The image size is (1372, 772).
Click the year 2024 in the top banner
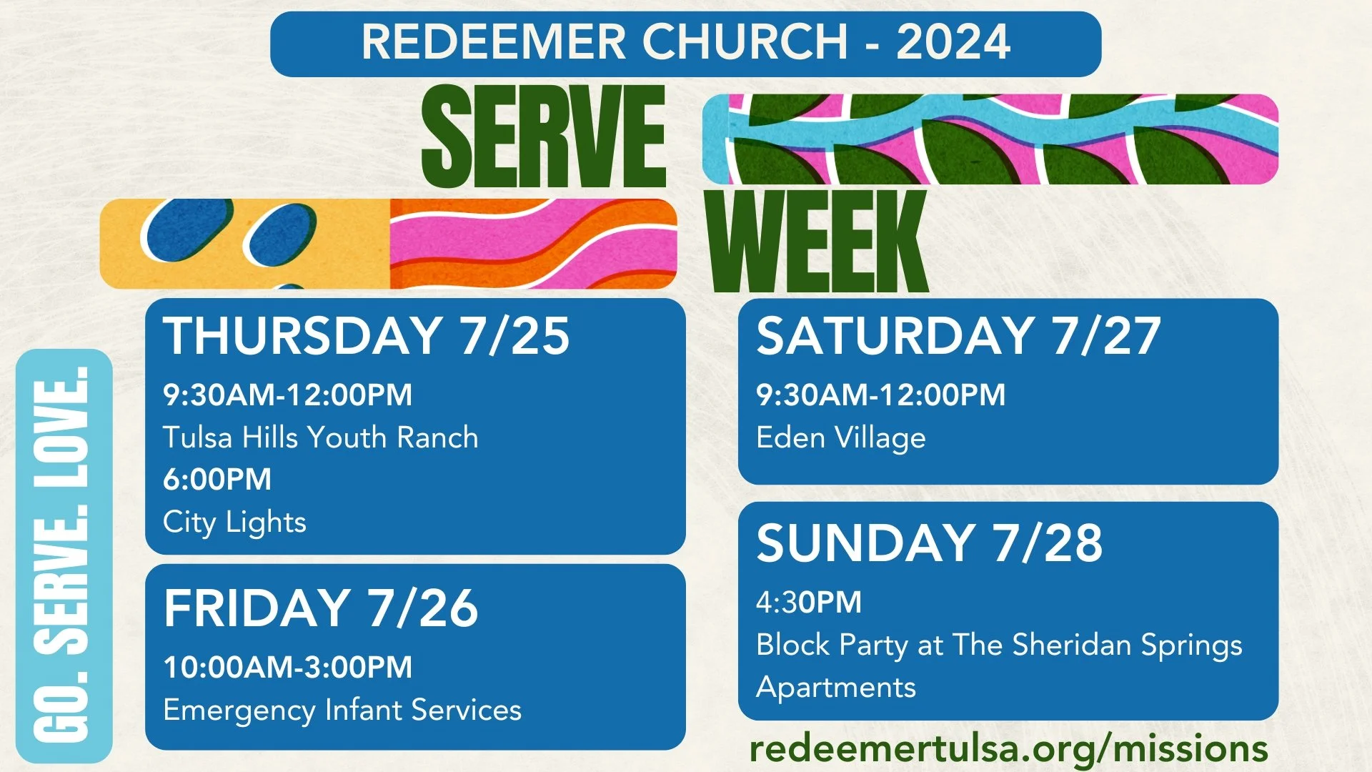click(x=953, y=42)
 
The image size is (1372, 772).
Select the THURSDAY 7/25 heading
click(x=366, y=336)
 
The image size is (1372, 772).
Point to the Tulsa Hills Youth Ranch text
click(x=320, y=437)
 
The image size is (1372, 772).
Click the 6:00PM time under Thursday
click(x=217, y=480)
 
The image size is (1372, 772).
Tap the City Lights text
click(x=234, y=523)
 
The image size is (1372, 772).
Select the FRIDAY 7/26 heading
click(x=320, y=608)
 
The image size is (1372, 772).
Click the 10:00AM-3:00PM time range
click(x=287, y=668)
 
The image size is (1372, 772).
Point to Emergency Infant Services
click(x=342, y=711)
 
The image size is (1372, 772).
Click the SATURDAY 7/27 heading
click(x=958, y=336)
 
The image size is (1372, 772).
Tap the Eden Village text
click(x=840, y=437)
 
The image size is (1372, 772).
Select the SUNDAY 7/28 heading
click(x=929, y=543)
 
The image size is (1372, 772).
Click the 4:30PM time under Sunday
click(x=808, y=603)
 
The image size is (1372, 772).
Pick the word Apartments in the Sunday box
click(x=835, y=688)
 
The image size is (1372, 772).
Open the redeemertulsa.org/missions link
click(x=1008, y=749)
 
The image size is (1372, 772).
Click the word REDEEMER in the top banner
click(x=493, y=42)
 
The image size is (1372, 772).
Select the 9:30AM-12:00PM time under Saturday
click(x=880, y=395)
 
